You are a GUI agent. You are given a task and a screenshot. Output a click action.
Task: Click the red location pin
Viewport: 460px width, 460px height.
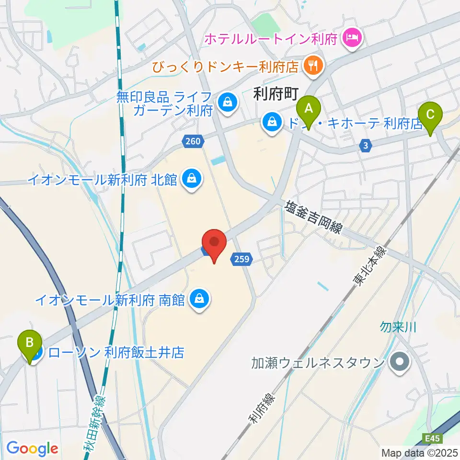[x=214, y=245]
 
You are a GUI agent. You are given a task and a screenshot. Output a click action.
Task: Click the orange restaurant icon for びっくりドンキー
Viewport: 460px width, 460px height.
[x=313, y=66]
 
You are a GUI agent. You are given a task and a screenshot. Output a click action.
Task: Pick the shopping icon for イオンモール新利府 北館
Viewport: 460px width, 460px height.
[x=192, y=179]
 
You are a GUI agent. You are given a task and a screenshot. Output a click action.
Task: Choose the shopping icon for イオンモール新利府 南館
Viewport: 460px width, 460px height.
[x=198, y=300]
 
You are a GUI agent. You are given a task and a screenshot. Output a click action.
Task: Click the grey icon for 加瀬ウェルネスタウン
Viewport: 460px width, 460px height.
[x=398, y=362]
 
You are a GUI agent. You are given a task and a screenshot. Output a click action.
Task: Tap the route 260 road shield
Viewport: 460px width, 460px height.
[x=194, y=141]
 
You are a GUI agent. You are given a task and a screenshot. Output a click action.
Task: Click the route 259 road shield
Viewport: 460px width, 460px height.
[x=241, y=259]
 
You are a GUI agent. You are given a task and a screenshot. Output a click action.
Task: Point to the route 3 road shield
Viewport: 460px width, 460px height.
[x=367, y=145]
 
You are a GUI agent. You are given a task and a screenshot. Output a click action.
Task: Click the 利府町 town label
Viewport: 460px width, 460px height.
[x=276, y=95]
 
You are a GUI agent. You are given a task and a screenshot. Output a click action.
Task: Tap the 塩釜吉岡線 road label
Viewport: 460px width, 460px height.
[x=314, y=217]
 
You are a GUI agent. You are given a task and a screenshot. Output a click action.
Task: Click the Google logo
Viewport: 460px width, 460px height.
[x=32, y=448]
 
